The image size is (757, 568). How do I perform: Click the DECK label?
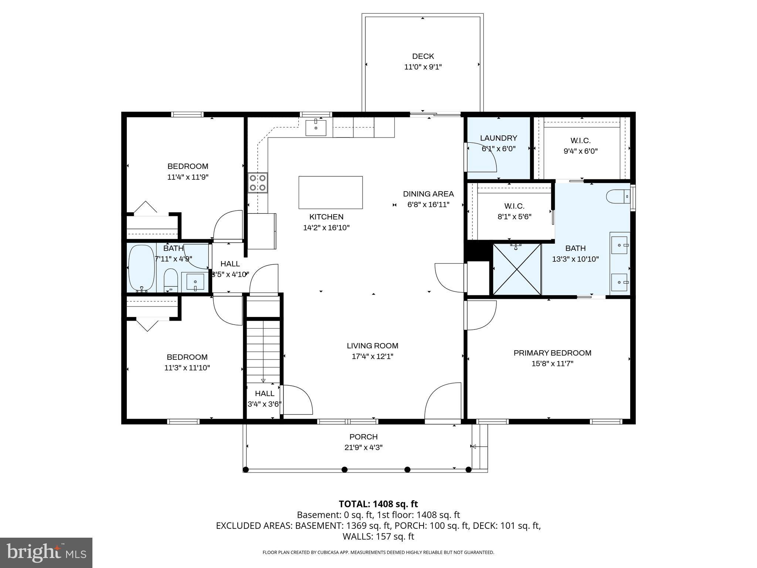click(x=423, y=56)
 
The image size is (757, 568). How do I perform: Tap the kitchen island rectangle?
click(x=330, y=192)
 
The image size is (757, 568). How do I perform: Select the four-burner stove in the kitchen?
click(x=258, y=183)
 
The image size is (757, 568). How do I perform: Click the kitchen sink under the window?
click(x=316, y=128)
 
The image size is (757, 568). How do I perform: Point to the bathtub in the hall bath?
click(x=141, y=268)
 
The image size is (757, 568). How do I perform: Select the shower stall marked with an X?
click(x=517, y=269)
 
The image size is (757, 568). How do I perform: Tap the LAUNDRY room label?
click(x=498, y=138)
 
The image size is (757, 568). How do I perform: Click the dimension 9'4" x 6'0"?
click(x=580, y=151)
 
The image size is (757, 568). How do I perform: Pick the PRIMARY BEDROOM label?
click(x=552, y=353)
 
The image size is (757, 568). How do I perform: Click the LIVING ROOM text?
click(x=372, y=346)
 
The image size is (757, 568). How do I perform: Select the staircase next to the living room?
click(x=263, y=351)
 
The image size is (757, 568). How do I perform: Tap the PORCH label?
click(x=363, y=437)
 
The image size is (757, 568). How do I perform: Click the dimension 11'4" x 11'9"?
click(x=188, y=177)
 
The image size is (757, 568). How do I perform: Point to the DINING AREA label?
click(x=428, y=194)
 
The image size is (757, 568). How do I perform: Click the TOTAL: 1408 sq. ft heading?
click(x=378, y=504)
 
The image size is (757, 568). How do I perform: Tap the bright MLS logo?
click(x=46, y=552)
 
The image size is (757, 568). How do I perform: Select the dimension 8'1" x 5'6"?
click(x=514, y=217)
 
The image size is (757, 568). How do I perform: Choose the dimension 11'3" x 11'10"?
click(x=187, y=368)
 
